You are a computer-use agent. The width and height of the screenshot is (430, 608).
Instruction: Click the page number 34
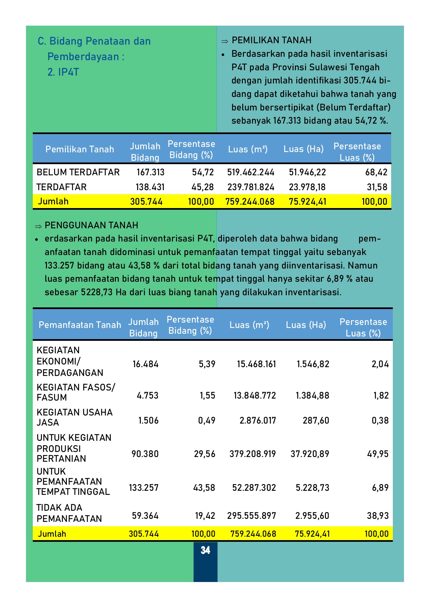(205, 551)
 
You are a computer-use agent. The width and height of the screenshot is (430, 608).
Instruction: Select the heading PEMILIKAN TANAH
(271, 41)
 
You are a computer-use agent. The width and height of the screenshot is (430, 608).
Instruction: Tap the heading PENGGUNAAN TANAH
(91, 225)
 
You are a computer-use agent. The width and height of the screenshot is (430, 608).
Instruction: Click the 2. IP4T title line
(63, 72)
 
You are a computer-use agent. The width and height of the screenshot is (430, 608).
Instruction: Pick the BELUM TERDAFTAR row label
(78, 172)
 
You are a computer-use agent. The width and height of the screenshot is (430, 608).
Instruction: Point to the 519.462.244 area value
(251, 172)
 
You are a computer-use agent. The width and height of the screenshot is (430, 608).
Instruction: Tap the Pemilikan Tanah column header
(80, 149)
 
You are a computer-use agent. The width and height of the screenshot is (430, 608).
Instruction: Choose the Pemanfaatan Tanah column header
(80, 325)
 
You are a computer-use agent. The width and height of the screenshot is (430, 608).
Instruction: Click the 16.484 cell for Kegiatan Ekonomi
(146, 364)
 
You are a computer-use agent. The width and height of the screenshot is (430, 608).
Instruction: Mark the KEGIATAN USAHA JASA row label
(74, 417)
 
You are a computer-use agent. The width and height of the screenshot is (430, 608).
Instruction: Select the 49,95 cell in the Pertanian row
(378, 454)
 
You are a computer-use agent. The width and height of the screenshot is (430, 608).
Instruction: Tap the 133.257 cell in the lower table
(144, 488)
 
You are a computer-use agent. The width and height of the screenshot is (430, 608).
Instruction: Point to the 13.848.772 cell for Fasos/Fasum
(255, 396)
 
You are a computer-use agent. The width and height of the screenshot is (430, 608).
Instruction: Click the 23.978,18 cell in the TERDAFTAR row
(307, 187)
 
